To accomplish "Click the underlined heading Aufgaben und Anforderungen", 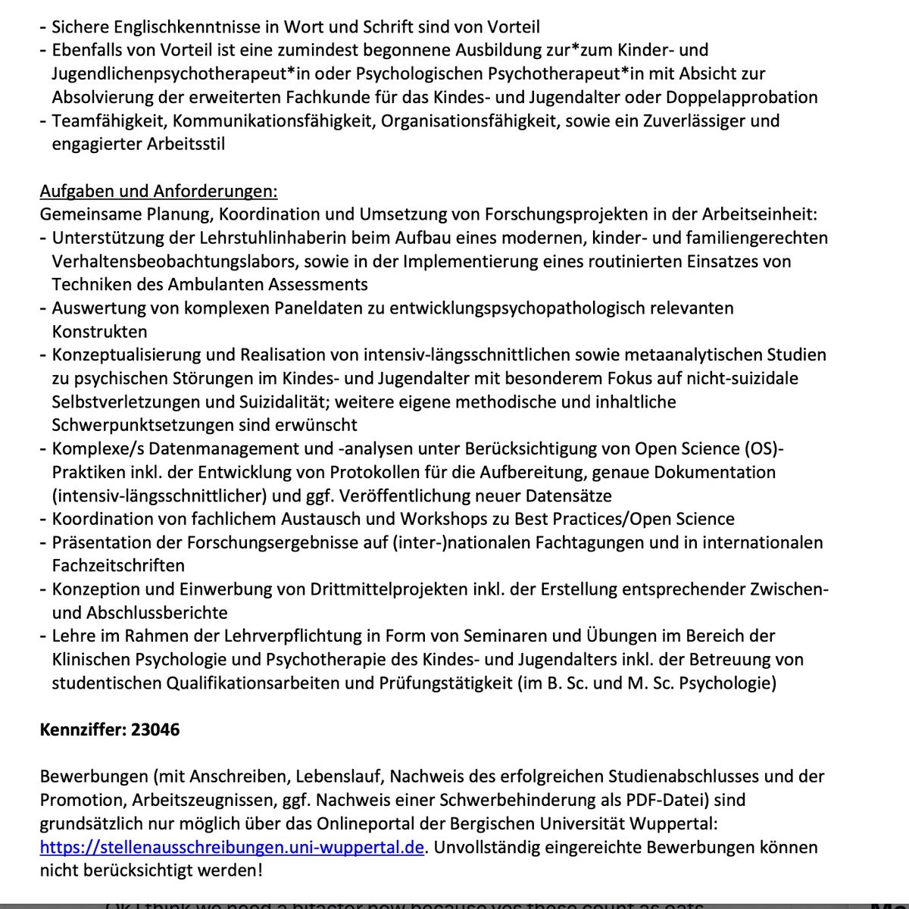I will [x=158, y=191].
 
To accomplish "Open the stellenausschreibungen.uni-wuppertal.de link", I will [x=231, y=846].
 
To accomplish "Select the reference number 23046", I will [x=155, y=729].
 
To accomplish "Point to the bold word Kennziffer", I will [x=83, y=729].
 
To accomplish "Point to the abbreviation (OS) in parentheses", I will [x=763, y=448].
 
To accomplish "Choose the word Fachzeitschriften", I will [x=118, y=565].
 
